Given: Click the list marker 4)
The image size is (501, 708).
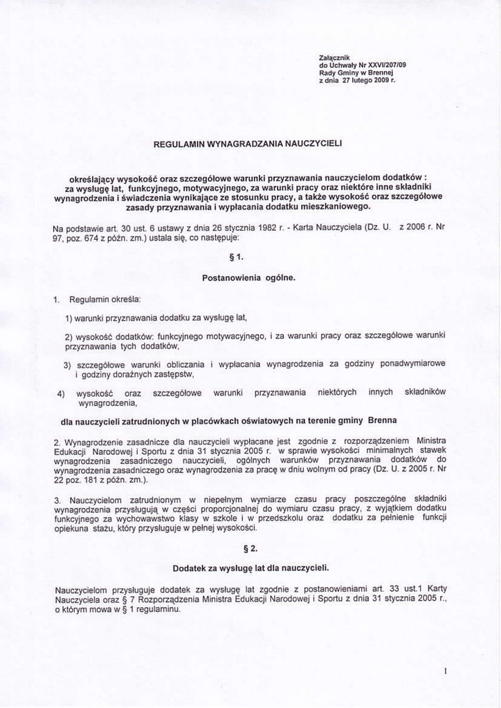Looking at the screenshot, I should point(61,393).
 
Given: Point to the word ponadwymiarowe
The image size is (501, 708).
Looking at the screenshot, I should point(409,364).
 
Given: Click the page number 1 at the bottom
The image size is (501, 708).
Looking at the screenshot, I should point(448,671).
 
